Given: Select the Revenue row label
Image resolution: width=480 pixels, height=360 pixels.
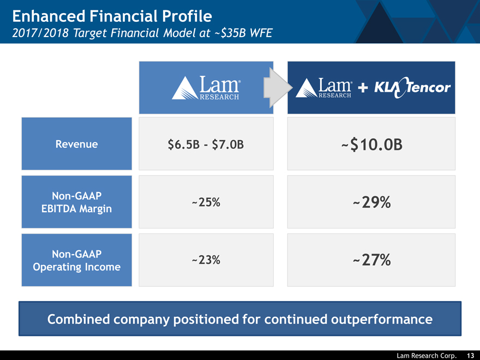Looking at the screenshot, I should (77, 144).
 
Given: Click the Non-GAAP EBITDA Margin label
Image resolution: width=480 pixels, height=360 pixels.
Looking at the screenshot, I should (77, 202).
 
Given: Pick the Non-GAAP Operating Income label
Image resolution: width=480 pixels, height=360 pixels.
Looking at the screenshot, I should (77, 260).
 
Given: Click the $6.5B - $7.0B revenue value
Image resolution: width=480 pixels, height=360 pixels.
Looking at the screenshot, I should (206, 145).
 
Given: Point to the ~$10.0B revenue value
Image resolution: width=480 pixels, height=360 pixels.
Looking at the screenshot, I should (371, 145).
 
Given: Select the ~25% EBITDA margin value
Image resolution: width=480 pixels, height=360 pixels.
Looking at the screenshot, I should (206, 202).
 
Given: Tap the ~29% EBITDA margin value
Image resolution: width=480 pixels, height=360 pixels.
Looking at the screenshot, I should (371, 203).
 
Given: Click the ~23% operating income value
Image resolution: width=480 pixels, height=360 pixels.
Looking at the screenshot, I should (206, 260).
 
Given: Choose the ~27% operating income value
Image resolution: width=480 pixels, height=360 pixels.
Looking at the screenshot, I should (371, 261).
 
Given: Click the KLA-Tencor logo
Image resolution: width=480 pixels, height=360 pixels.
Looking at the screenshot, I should (412, 88).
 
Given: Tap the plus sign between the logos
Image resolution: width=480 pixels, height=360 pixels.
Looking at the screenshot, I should (363, 88).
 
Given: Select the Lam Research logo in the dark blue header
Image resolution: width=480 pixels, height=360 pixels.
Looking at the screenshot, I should (325, 88).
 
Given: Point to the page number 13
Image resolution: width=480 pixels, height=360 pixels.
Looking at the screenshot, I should (470, 356).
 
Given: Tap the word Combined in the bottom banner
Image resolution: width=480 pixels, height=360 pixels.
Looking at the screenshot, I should (80, 319).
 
